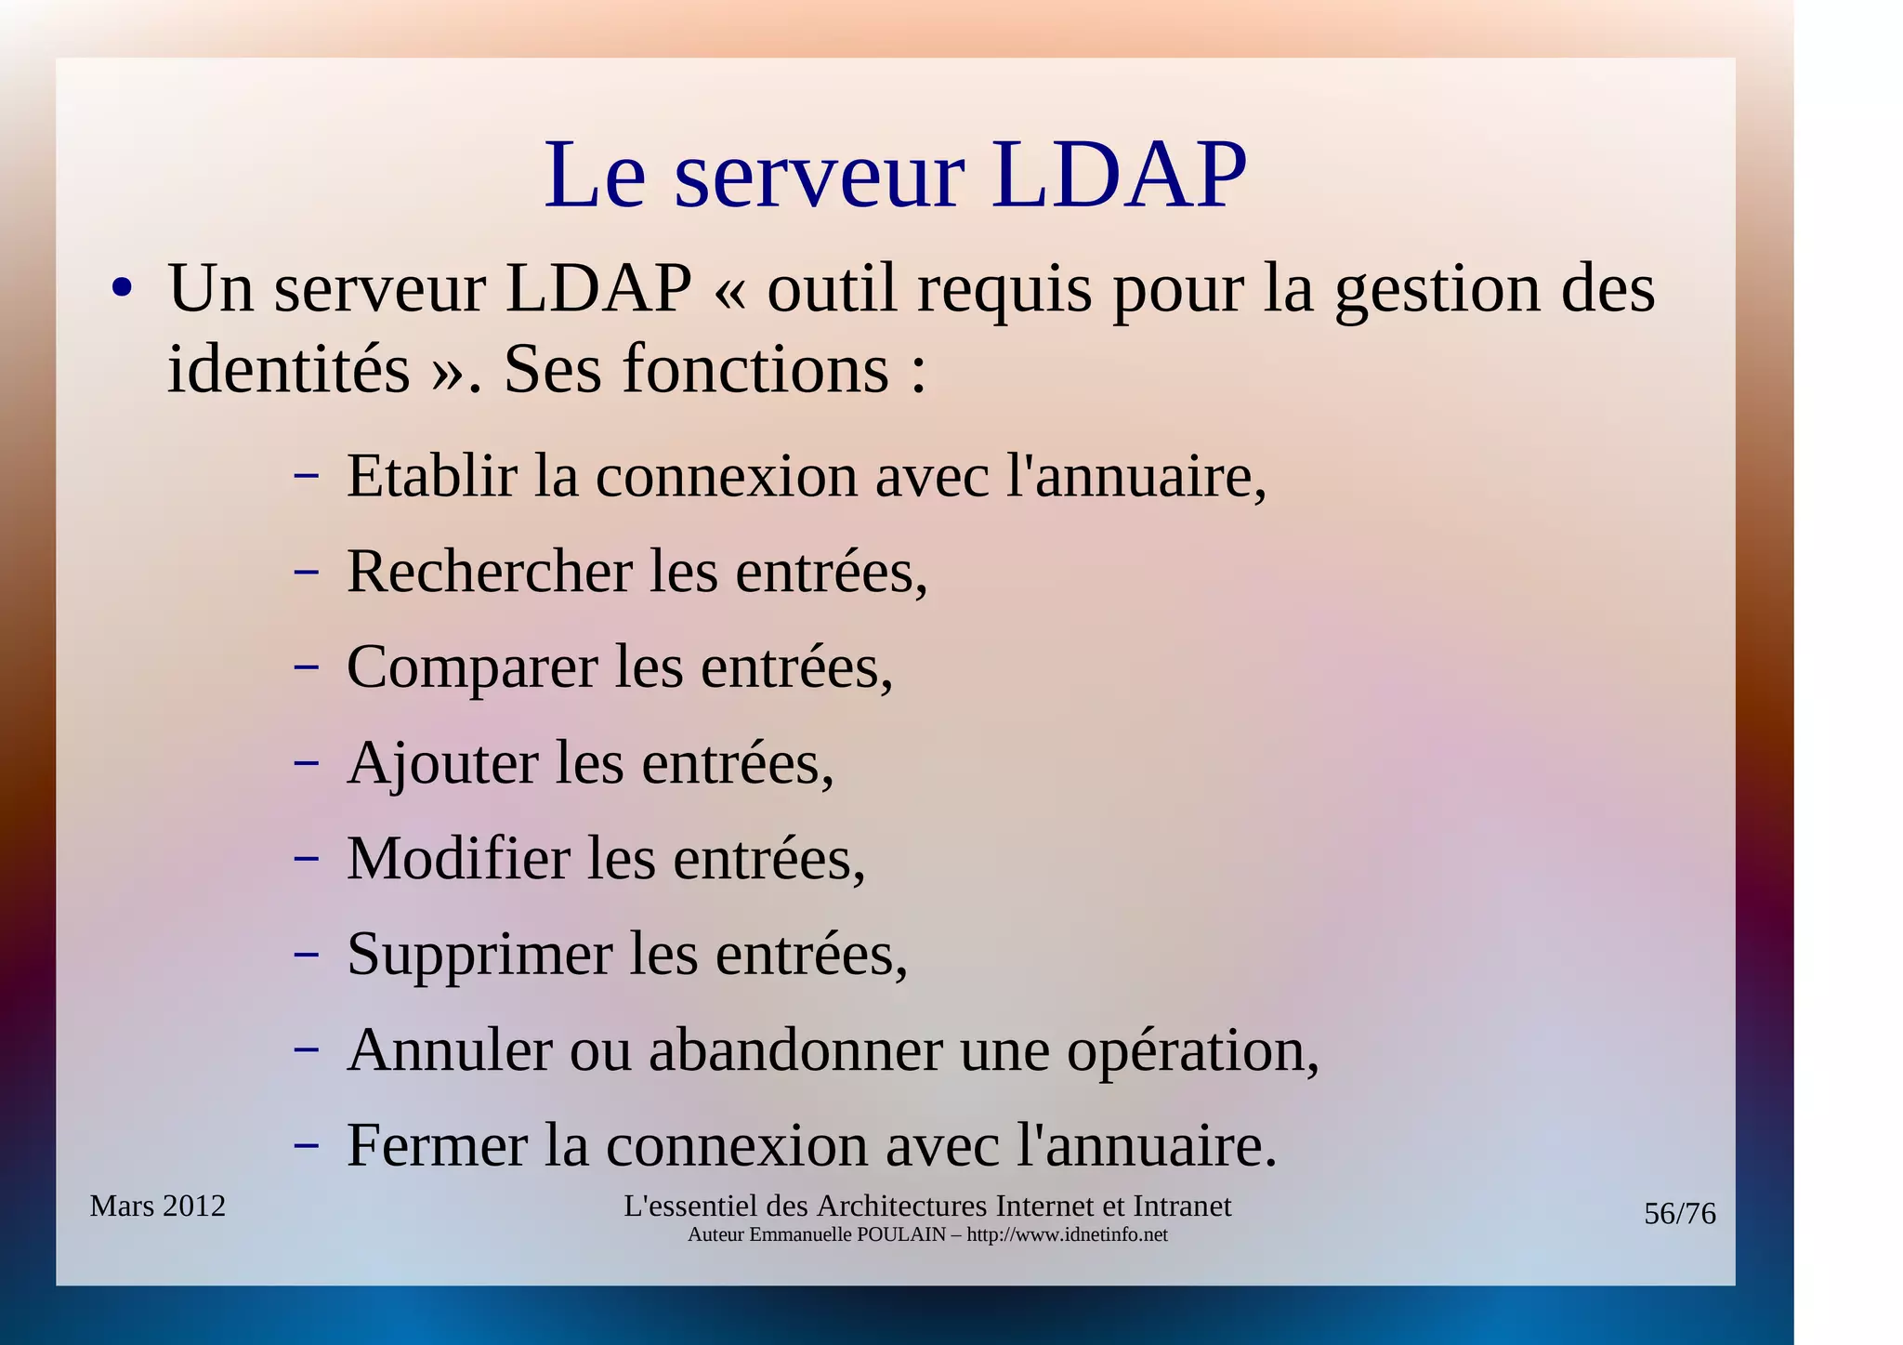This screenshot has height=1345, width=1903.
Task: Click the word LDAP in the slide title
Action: [1119, 175]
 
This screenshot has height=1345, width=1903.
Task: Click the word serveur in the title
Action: [820, 177]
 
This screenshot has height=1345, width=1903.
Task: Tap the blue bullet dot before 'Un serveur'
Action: [121, 287]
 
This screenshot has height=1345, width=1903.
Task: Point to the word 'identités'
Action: [288, 368]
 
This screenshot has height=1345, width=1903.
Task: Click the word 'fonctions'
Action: [755, 368]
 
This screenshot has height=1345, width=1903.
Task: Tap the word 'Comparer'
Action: [471, 666]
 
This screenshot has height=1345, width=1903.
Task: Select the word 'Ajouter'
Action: [442, 762]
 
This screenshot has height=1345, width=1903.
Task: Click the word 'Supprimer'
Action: [479, 955]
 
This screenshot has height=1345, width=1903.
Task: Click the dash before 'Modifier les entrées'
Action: [306, 858]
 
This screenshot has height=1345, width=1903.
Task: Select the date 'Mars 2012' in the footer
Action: [157, 1206]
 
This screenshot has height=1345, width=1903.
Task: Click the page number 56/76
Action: [1679, 1214]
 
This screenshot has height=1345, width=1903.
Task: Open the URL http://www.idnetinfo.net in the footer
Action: [1067, 1234]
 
